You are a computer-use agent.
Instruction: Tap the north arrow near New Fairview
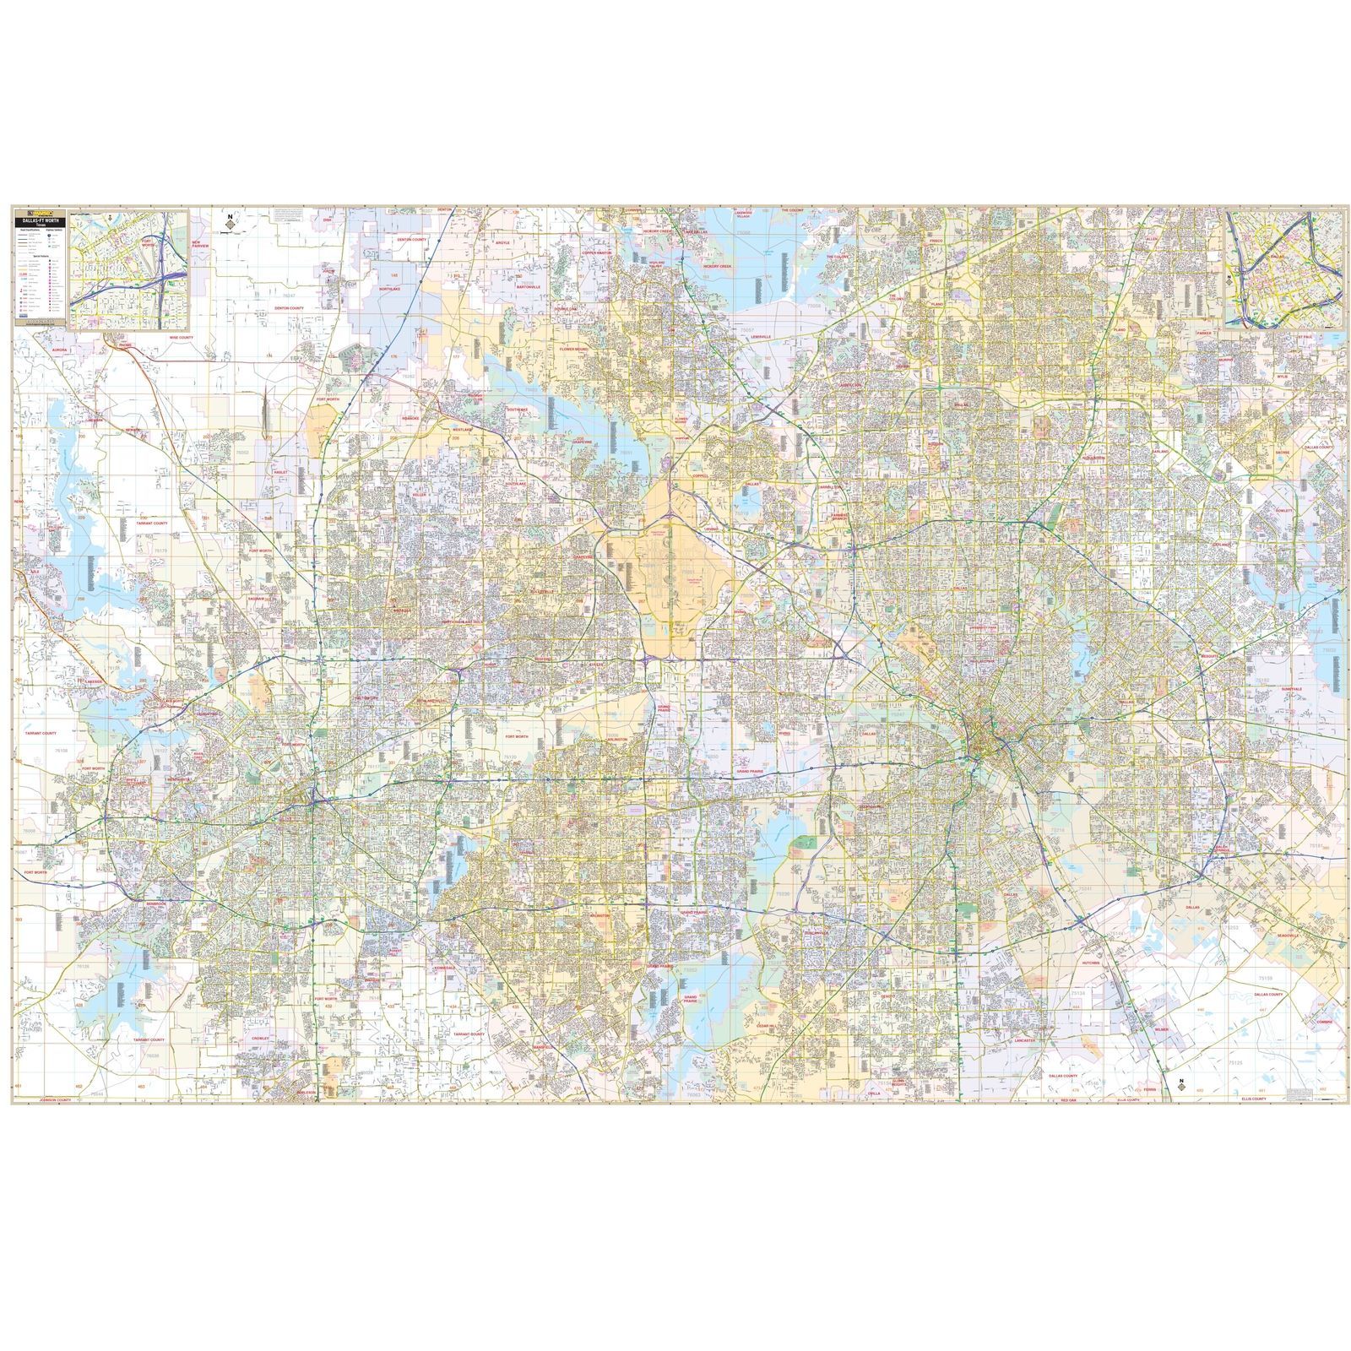tap(229, 224)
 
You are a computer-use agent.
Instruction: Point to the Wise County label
tap(180, 336)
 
